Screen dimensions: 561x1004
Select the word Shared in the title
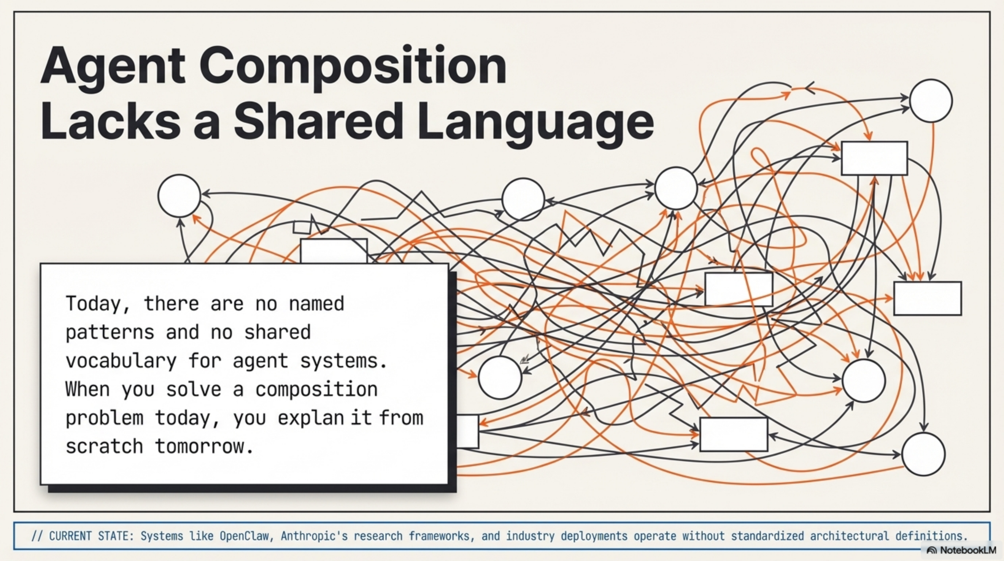coord(318,121)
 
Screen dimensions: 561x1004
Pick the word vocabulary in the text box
coord(121,360)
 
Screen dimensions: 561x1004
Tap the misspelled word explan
coord(310,417)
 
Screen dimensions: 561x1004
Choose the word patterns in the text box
coord(110,332)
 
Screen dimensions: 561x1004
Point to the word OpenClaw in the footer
coord(244,536)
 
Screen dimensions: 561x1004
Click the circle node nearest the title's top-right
coord(931,101)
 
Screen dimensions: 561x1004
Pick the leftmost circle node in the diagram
coord(179,195)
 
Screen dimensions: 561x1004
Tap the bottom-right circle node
coord(923,454)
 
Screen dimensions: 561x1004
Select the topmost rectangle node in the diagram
coord(874,158)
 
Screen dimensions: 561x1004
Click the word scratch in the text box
coord(104,446)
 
